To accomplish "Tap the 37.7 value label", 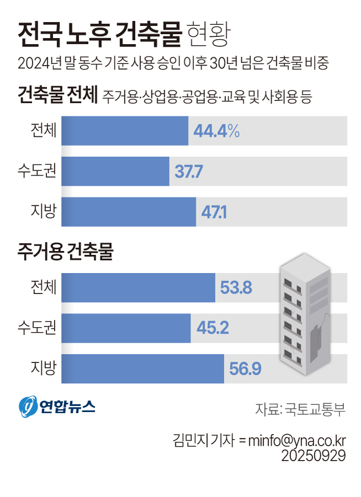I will (189, 172).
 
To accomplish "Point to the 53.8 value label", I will (236, 287).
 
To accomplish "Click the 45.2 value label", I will (212, 328).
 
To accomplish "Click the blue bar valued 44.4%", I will (125, 131).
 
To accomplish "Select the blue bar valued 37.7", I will (115, 172).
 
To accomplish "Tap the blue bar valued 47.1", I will (128, 212).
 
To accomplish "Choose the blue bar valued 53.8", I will (138, 287).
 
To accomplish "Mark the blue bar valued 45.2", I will (126, 328).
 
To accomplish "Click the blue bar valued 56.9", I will (142, 369).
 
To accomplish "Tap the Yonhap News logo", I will (57, 407).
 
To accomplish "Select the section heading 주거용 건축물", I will (65, 253).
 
